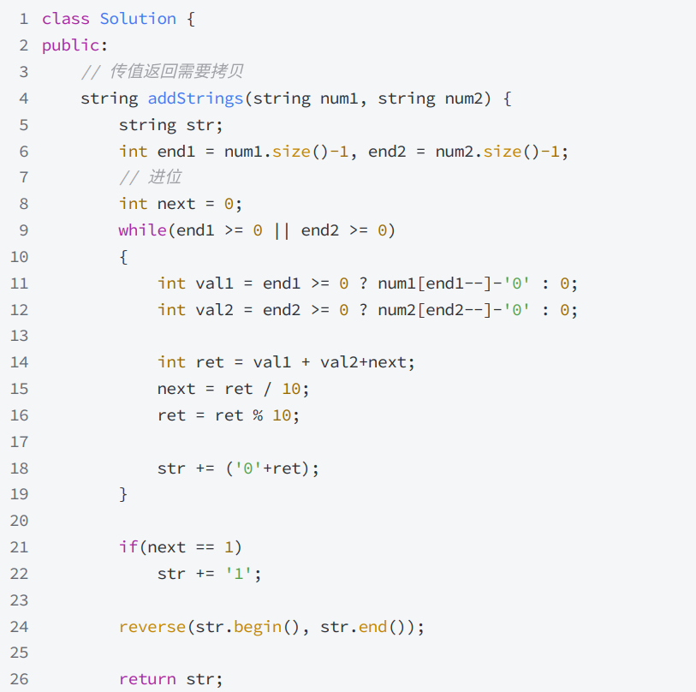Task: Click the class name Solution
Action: pyautogui.click(x=138, y=19)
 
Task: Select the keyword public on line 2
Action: pyautogui.click(x=70, y=45)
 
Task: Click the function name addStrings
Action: pyautogui.click(x=195, y=98)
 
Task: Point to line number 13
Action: pyautogui.click(x=19, y=336)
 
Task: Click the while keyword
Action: pyautogui.click(x=142, y=230)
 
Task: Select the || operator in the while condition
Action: pyautogui.click(x=282, y=230)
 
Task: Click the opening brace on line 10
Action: pyautogui.click(x=123, y=257)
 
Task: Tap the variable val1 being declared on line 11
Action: pyautogui.click(x=214, y=283)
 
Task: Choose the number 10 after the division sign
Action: pyautogui.click(x=291, y=389)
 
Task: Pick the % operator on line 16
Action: pyautogui.click(x=258, y=415)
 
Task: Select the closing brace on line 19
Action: pyautogui.click(x=123, y=494)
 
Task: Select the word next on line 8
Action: pyautogui.click(x=176, y=204)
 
